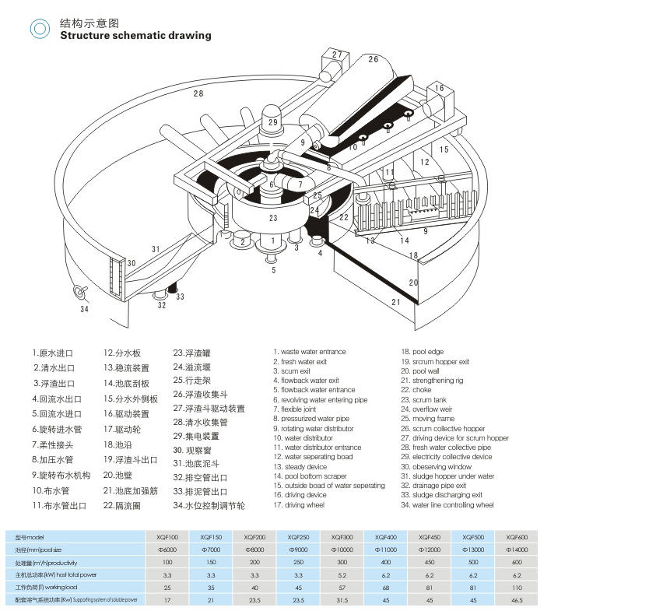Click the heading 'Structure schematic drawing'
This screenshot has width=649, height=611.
[x=135, y=35]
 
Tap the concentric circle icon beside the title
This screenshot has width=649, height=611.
[x=40, y=30]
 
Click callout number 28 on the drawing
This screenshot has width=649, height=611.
[x=198, y=93]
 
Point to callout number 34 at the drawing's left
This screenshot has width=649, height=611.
[x=84, y=309]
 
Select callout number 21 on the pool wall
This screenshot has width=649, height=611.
[x=395, y=302]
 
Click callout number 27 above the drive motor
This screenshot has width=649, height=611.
[x=337, y=54]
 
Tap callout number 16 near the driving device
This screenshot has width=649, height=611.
[x=440, y=89]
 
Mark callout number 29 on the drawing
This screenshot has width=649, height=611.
[x=272, y=122]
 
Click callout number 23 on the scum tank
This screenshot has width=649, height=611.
[x=272, y=219]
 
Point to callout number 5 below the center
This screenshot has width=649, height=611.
[x=273, y=271]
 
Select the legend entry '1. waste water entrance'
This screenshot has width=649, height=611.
[x=309, y=352]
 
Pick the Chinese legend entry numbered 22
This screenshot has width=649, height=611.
[x=197, y=505]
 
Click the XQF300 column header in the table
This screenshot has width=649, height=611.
[x=342, y=538]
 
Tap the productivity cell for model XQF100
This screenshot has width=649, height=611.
[x=167, y=563]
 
